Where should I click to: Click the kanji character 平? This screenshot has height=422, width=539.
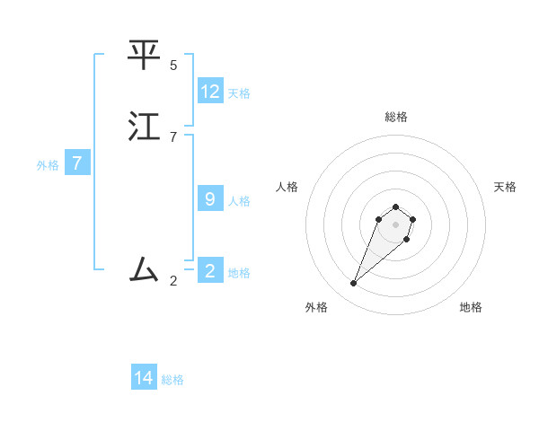[x=145, y=55]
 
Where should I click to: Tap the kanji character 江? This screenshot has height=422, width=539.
[x=145, y=127]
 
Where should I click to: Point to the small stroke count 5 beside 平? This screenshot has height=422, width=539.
[x=173, y=65]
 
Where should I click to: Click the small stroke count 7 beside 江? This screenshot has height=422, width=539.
[x=173, y=136]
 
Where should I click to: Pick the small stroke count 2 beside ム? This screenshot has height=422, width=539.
[x=173, y=281]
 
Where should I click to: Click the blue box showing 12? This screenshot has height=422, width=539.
[x=210, y=92]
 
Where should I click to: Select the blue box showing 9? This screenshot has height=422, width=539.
[x=210, y=199]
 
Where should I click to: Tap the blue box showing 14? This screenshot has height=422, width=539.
[x=144, y=378]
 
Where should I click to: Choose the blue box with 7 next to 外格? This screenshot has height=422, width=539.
[x=77, y=163]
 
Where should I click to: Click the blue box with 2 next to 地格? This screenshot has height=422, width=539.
[x=210, y=271]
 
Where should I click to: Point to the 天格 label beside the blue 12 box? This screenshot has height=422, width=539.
[x=239, y=92]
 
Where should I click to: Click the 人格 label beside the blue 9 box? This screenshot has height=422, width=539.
[x=239, y=200]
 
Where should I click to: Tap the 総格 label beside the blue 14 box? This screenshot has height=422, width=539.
[x=172, y=379]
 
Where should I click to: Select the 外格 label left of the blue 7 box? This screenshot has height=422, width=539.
[x=48, y=164]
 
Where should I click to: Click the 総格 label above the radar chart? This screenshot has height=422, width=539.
[x=395, y=117]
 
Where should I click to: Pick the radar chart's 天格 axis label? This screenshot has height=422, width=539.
[x=505, y=187]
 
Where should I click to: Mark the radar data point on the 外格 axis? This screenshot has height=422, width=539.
[x=353, y=283]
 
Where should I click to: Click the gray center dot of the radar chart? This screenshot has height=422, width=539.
[x=395, y=224]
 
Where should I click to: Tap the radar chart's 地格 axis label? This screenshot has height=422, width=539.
[x=471, y=307]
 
